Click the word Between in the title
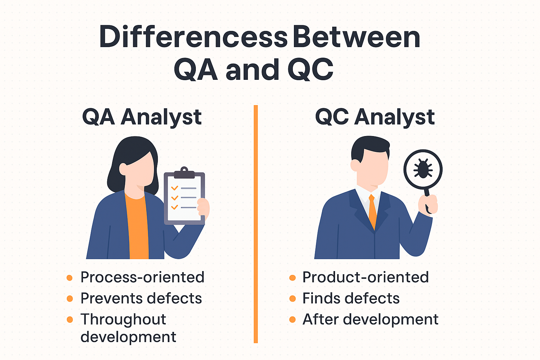[x=357, y=37]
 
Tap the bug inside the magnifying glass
[x=423, y=169]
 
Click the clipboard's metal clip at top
[x=184, y=173]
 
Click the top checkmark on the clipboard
[x=174, y=188]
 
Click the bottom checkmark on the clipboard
[x=174, y=207]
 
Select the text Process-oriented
[x=142, y=277]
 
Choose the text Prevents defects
[x=141, y=298]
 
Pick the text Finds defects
[x=351, y=298]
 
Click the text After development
[x=370, y=320]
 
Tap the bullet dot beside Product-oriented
[x=292, y=278]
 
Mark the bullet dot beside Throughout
[x=70, y=320]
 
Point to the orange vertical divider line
[x=256, y=224]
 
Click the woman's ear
[x=123, y=169]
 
